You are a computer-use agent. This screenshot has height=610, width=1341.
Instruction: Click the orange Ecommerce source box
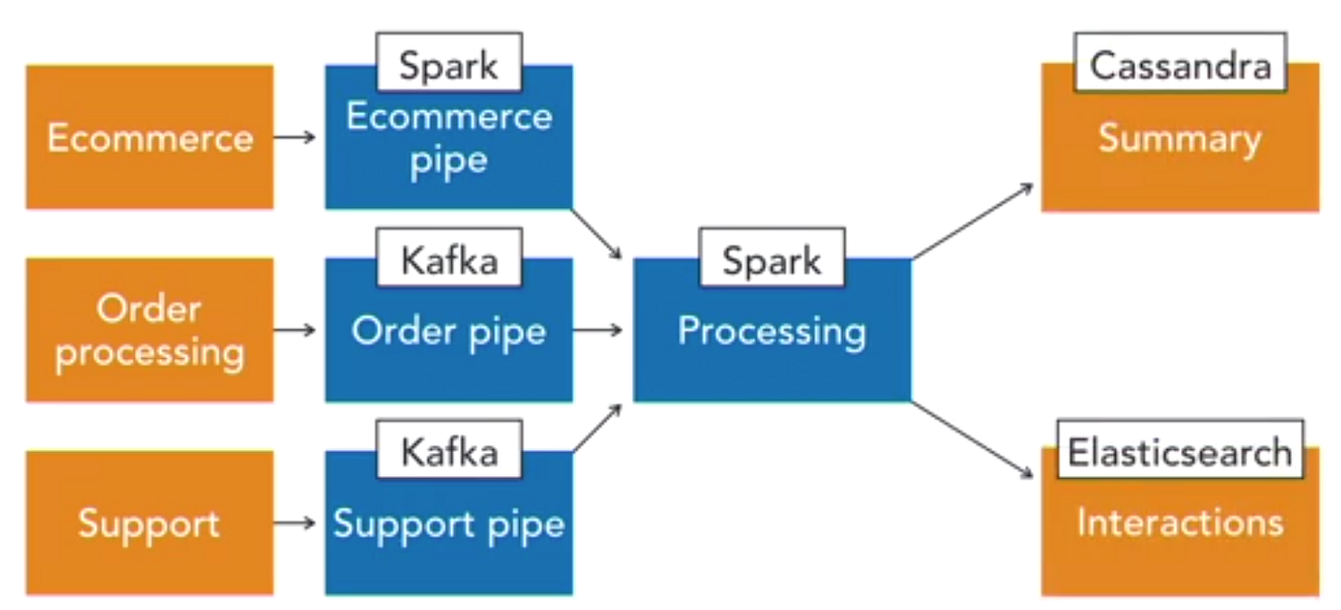point(149,137)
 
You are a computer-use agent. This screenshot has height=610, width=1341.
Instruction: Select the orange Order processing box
point(149,329)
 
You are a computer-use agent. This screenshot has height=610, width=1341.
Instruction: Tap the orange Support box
point(149,523)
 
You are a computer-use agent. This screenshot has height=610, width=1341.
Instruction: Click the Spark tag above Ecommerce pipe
point(448,66)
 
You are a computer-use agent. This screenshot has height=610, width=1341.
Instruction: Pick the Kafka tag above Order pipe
point(448,260)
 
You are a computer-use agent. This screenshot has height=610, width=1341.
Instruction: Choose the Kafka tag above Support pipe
point(448,452)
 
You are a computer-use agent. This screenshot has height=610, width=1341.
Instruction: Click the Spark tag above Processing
point(772,259)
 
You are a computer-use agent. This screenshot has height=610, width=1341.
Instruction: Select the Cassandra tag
point(1179,65)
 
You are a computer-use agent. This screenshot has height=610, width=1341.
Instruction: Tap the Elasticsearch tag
point(1179,450)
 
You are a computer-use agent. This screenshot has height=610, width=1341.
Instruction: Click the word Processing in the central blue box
point(772,331)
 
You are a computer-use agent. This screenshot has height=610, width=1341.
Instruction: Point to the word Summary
point(1179,139)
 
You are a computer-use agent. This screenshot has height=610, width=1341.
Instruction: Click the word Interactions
point(1179,523)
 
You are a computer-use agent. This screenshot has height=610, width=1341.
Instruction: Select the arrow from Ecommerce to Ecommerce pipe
point(294,137)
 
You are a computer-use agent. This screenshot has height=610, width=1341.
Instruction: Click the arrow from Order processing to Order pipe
point(294,329)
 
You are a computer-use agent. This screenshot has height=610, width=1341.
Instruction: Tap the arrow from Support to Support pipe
point(294,523)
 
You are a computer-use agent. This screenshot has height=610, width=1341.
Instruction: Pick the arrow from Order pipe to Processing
point(598,330)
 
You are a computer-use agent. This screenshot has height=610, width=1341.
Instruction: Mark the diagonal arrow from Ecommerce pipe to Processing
point(598,233)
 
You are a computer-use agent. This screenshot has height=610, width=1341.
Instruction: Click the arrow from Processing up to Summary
point(973,220)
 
